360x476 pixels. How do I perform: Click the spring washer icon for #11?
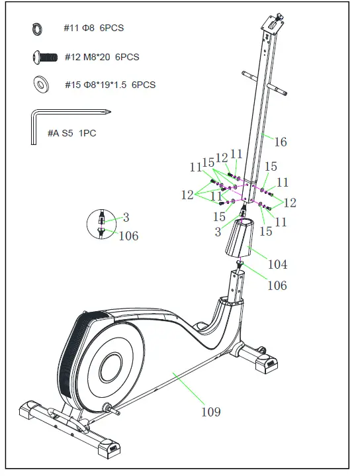point(36,28)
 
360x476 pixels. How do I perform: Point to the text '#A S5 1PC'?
point(72,133)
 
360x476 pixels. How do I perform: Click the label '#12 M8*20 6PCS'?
point(102,58)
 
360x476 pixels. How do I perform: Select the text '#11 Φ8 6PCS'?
point(93,28)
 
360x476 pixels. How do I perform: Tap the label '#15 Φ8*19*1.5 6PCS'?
point(110,85)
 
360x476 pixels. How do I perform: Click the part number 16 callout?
point(281,142)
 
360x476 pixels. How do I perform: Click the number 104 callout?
point(277,265)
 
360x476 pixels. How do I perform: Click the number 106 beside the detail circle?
point(128,235)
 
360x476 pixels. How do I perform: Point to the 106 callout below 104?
point(277,285)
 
